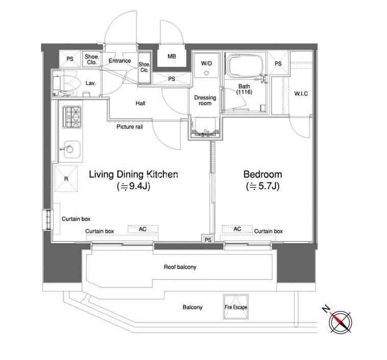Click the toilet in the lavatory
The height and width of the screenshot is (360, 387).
66,83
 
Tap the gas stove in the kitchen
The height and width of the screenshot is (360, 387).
72,117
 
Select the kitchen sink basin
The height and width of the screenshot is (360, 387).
72,150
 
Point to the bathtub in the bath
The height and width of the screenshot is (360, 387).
245,65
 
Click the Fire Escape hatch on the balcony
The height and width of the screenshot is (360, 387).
236,307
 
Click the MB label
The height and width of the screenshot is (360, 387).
172,56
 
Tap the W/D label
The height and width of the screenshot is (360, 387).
206,63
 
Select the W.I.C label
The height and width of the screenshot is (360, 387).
301,93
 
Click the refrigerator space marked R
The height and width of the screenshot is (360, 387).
66,179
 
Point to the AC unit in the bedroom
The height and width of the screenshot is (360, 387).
237,229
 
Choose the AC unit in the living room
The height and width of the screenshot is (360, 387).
142,229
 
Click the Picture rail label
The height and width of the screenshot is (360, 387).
130,127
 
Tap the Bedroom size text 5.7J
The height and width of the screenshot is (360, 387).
262,186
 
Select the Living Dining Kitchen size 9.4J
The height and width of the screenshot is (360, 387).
134,186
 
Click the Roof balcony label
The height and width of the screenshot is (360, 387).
180,267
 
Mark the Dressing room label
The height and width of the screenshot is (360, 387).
205,101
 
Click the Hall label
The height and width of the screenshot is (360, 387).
140,103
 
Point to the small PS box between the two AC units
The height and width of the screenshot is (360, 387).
208,240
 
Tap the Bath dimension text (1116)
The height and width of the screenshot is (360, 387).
244,92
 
